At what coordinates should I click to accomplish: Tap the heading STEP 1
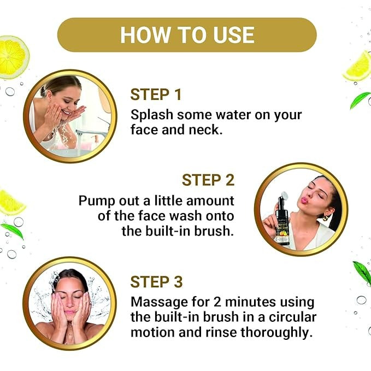point(156,95)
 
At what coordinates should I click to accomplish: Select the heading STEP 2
point(208,180)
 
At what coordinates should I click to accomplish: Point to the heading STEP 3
point(156,282)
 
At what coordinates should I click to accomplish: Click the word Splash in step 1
point(152,115)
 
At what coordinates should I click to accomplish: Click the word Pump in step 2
point(97,201)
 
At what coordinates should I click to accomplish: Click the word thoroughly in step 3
point(275,332)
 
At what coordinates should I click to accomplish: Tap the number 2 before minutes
point(217,302)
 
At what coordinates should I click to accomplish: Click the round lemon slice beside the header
point(13,57)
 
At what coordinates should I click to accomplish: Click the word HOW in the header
point(145,35)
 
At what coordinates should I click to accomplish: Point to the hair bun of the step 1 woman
point(44,90)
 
